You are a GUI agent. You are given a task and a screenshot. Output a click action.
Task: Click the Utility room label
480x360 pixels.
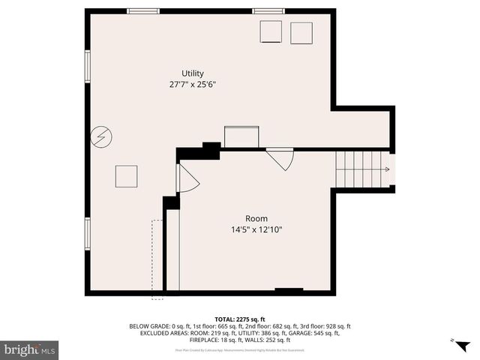point(193,73)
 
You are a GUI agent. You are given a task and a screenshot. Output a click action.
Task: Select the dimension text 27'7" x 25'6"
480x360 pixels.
point(193,84)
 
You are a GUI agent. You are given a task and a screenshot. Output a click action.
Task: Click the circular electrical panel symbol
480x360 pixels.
point(99,136)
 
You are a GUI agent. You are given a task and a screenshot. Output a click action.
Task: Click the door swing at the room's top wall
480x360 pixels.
point(280,158)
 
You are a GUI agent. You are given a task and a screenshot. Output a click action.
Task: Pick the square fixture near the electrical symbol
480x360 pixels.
point(126,176)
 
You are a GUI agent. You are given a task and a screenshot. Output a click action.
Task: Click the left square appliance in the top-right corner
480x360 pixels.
point(270,32)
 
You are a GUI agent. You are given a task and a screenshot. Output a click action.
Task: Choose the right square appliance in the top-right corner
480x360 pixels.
point(301,32)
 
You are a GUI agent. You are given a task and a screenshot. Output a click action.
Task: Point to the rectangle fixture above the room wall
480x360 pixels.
point(241,137)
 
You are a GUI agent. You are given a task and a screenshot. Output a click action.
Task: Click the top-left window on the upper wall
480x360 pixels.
point(142,11)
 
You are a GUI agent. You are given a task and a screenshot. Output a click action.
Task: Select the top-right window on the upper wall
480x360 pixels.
point(268,11)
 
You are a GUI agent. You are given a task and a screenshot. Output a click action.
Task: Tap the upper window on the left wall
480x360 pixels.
point(88,66)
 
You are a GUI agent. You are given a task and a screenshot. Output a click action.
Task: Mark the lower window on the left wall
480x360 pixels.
point(88,232)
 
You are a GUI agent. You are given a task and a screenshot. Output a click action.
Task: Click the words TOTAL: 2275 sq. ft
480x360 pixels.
point(240,319)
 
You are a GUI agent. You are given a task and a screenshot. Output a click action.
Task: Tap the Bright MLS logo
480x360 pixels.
point(29,349)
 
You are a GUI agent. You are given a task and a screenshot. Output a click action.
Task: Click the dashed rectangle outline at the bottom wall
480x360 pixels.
point(157,259)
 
